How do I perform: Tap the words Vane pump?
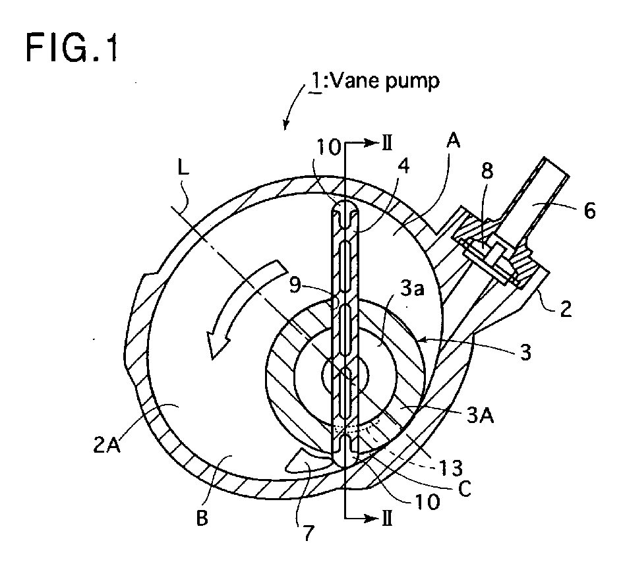coord(385,81)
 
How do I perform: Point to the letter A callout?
coord(453,140)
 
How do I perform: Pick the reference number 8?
coord(487,171)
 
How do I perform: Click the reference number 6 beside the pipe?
coord(589,211)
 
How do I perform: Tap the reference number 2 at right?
coord(566,308)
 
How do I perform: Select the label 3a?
coord(412,289)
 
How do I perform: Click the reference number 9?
coord(295,285)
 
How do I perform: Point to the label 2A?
coord(107,445)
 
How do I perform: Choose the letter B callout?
coord(202,518)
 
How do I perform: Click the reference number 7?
coord(309,533)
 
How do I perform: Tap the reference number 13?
coord(450,469)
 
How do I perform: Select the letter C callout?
coord(464,489)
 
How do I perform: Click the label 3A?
coord(480,416)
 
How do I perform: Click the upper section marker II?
coord(387,144)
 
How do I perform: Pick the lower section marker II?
coord(387,518)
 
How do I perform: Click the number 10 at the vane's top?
coord(328,148)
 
